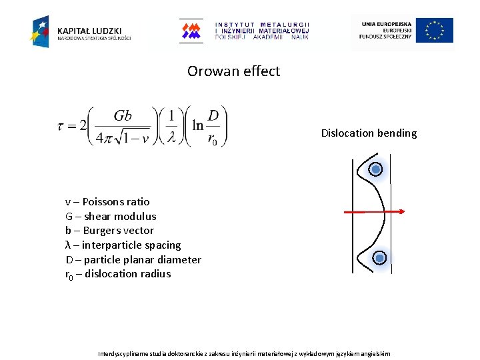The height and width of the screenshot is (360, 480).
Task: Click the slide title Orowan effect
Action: pos(233,71)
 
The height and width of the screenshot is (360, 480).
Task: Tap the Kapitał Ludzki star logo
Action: pos(40,31)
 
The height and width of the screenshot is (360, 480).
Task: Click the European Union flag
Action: pos(434,31)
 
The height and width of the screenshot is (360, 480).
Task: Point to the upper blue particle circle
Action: pos(376,169)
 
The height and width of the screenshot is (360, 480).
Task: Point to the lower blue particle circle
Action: pos(379,258)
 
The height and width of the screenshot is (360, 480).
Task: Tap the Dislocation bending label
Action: pos(369,133)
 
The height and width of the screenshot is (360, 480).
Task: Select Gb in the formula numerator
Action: pos(123,115)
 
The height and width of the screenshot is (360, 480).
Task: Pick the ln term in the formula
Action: pos(198,125)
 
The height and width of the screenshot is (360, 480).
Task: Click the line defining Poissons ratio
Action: pos(107,201)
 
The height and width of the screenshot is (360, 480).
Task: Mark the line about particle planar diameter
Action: pos(133,259)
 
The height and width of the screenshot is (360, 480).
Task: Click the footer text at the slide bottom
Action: pos(244,353)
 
